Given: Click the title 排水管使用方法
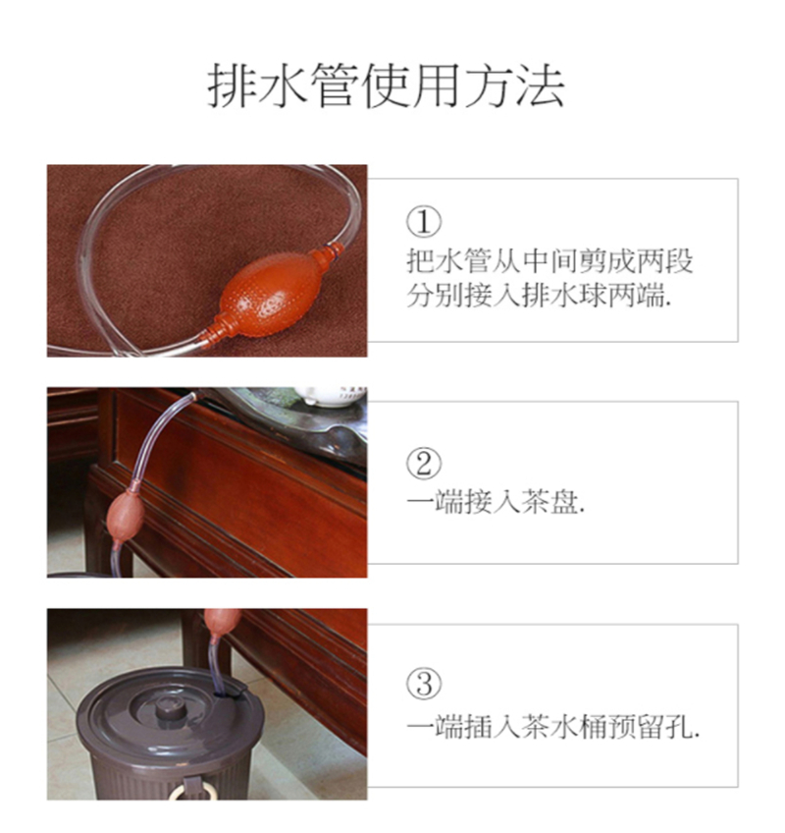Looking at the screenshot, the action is [x=386, y=85].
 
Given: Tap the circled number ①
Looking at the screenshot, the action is [x=424, y=222].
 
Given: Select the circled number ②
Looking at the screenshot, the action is [x=424, y=464].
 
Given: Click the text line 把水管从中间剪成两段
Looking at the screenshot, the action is [x=549, y=260].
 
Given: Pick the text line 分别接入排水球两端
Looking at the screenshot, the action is [x=540, y=295].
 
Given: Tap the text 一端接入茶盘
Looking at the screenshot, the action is [x=496, y=501].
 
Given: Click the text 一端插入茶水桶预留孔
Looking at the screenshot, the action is [x=553, y=726].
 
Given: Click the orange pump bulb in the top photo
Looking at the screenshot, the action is [x=268, y=295].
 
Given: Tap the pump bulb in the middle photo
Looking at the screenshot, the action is [x=126, y=515].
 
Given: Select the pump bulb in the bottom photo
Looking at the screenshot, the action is [x=223, y=621].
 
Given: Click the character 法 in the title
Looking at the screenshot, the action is [x=541, y=85].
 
